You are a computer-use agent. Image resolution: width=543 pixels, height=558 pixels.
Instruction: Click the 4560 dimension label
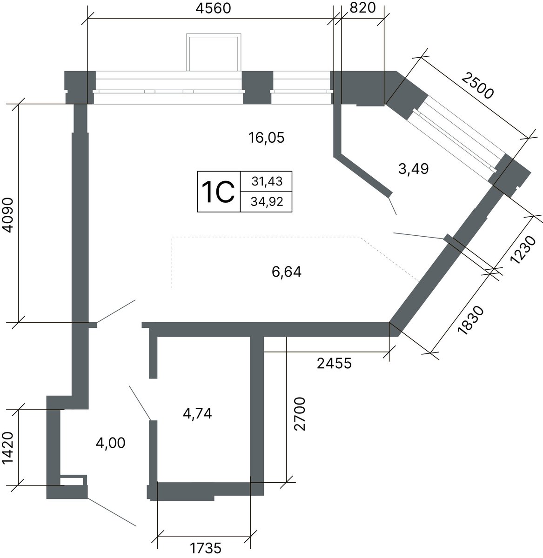(213, 8)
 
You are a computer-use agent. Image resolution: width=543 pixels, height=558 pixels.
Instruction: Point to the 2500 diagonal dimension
(477, 85)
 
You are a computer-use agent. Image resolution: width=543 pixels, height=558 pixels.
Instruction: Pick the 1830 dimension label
(471, 320)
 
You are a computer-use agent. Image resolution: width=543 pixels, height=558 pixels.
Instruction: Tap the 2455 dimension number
(334, 363)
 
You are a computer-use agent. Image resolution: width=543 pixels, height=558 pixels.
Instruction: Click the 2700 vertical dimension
(300, 414)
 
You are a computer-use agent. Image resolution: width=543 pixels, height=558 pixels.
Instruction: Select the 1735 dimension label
(206, 548)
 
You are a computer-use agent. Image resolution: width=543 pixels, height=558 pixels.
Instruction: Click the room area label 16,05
(266, 138)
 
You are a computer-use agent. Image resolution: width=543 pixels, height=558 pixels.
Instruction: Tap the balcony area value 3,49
(414, 169)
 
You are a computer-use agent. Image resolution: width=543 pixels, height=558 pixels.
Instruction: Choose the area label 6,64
(287, 272)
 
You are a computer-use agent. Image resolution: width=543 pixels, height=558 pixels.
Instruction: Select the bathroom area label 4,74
(197, 413)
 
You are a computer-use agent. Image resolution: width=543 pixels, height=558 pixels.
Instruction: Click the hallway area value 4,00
(110, 443)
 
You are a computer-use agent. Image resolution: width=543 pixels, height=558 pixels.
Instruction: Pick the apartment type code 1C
(218, 193)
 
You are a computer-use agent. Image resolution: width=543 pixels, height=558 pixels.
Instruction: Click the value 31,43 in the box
(267, 181)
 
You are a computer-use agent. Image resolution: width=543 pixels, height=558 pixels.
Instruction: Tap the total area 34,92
(267, 202)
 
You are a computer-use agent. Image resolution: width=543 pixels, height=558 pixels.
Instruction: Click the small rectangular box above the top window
(214, 53)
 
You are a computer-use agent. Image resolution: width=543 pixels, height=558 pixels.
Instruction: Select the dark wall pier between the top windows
(257, 87)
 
